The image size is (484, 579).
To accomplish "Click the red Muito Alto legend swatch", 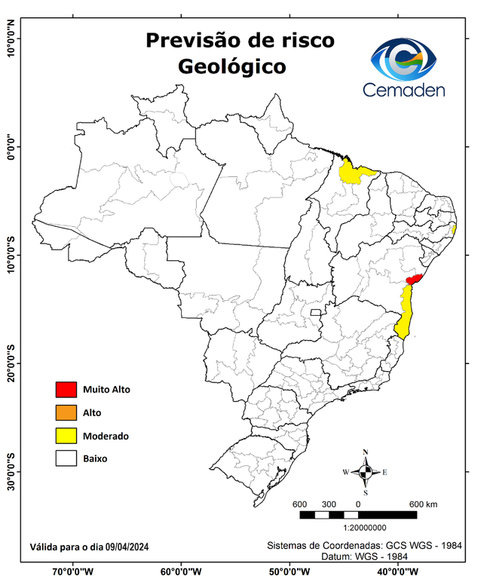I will point(66,389).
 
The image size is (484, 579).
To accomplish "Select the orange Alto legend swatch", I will point(66,412).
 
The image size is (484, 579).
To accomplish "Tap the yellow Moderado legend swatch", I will point(66,435).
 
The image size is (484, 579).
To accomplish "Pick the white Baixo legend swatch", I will point(66,458).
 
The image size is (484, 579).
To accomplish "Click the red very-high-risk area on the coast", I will point(413,279).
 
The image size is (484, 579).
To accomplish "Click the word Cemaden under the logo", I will point(404,90).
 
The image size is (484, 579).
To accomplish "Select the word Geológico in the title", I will point(232,66).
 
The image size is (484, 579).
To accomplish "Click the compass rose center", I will point(365,473).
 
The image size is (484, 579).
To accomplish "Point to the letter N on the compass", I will point(366,452).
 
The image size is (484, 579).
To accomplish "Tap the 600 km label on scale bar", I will point(424,504).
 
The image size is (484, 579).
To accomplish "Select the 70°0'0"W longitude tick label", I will point(72,571).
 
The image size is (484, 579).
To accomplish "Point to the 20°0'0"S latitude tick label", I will point(10,363).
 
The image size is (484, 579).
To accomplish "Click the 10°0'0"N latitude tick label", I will point(10,39).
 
